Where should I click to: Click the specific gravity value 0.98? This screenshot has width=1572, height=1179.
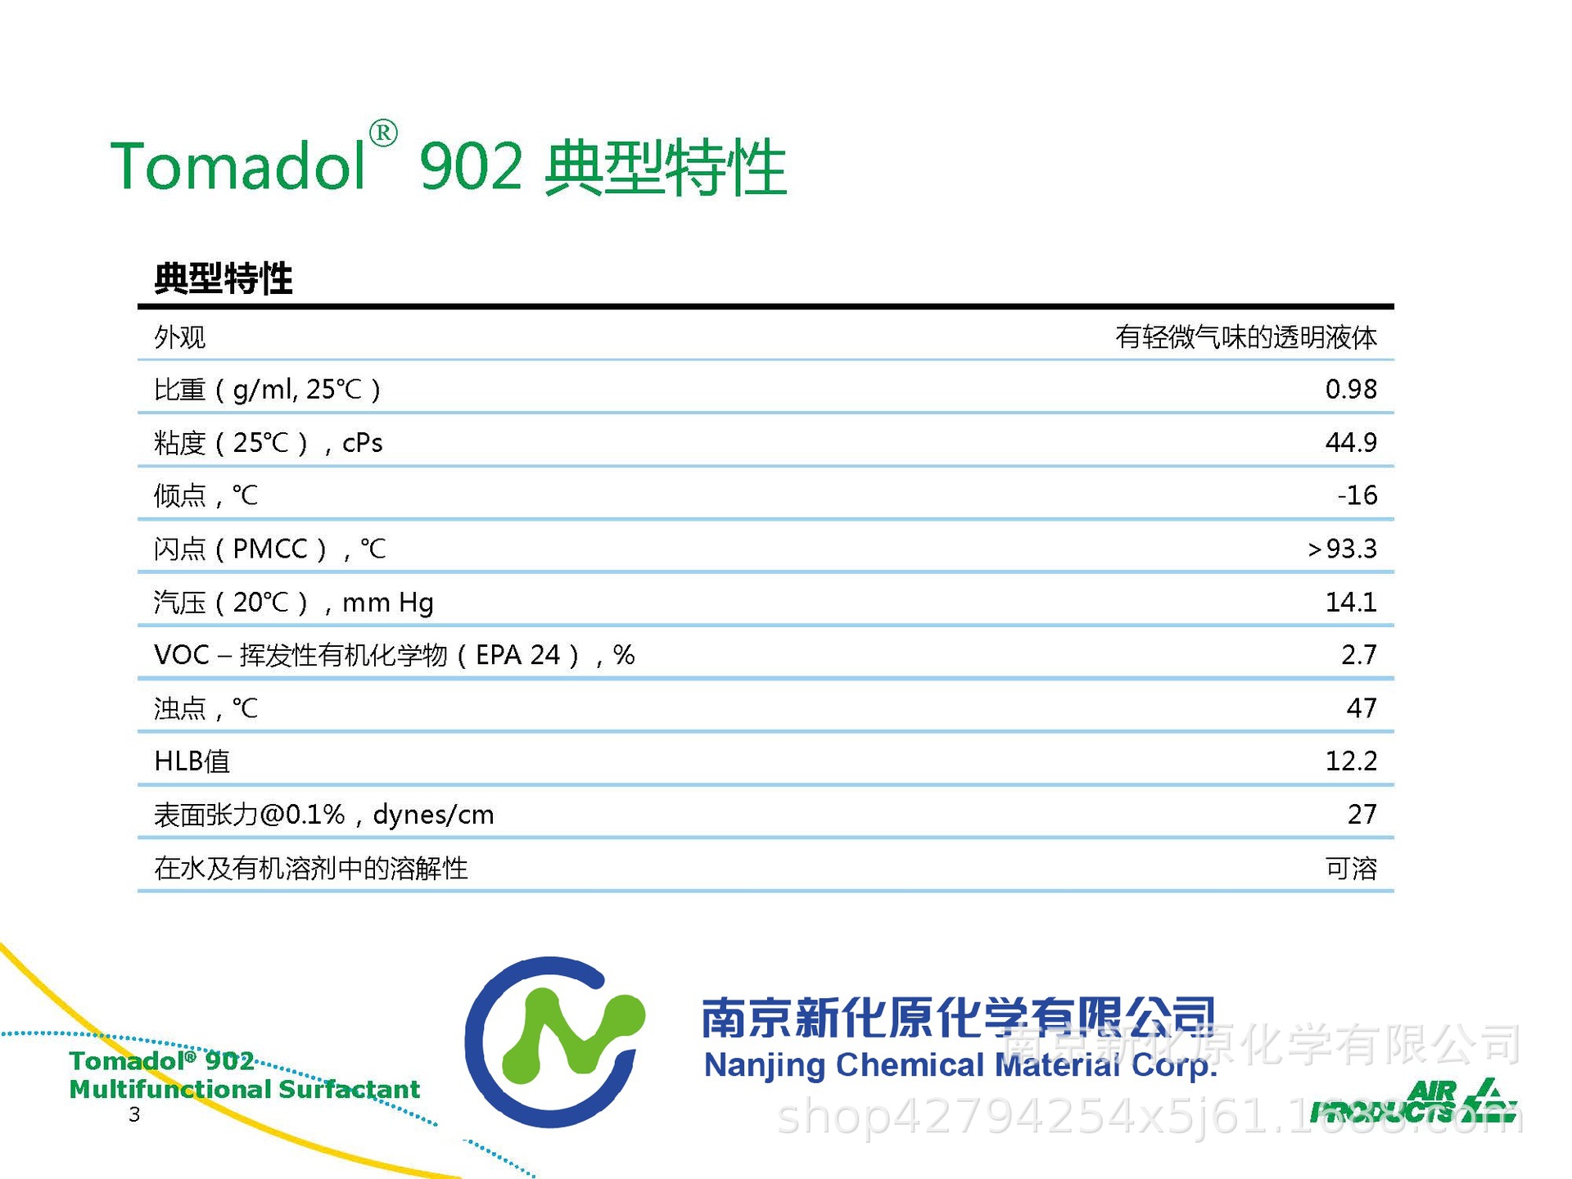pyautogui.click(x=1350, y=389)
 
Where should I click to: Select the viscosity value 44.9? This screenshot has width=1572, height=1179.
pyautogui.click(x=1350, y=442)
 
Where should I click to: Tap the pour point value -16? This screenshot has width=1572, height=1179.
pyautogui.click(x=1357, y=495)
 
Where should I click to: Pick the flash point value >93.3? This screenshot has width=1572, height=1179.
pyautogui.click(x=1342, y=549)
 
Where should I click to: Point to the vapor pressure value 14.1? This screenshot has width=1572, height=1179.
pyautogui.click(x=1350, y=602)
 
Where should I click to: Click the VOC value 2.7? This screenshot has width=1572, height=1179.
pyautogui.click(x=1358, y=655)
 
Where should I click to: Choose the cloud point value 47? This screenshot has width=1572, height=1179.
pyautogui.click(x=1361, y=707)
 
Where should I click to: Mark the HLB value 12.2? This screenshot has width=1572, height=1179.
pyautogui.click(x=1350, y=761)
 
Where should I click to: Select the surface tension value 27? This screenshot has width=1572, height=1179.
pyautogui.click(x=1362, y=814)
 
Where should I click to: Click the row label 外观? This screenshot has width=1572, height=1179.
pyautogui.click(x=179, y=337)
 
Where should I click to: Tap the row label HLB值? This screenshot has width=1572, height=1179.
pyautogui.click(x=192, y=761)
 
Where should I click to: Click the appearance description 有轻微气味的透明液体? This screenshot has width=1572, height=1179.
pyautogui.click(x=1245, y=337)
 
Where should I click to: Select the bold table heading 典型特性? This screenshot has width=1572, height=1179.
pyautogui.click(x=223, y=278)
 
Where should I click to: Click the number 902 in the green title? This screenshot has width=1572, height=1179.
pyautogui.click(x=470, y=166)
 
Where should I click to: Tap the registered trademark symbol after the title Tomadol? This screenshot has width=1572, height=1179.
pyautogui.click(x=383, y=133)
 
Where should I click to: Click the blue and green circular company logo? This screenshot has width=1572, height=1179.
pyautogui.click(x=554, y=1041)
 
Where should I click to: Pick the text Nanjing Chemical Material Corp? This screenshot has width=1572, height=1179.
pyautogui.click(x=960, y=1065)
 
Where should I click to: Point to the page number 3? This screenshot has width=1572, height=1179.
pyautogui.click(x=134, y=1114)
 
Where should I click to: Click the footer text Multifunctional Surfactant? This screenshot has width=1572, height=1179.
pyautogui.click(x=244, y=1089)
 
